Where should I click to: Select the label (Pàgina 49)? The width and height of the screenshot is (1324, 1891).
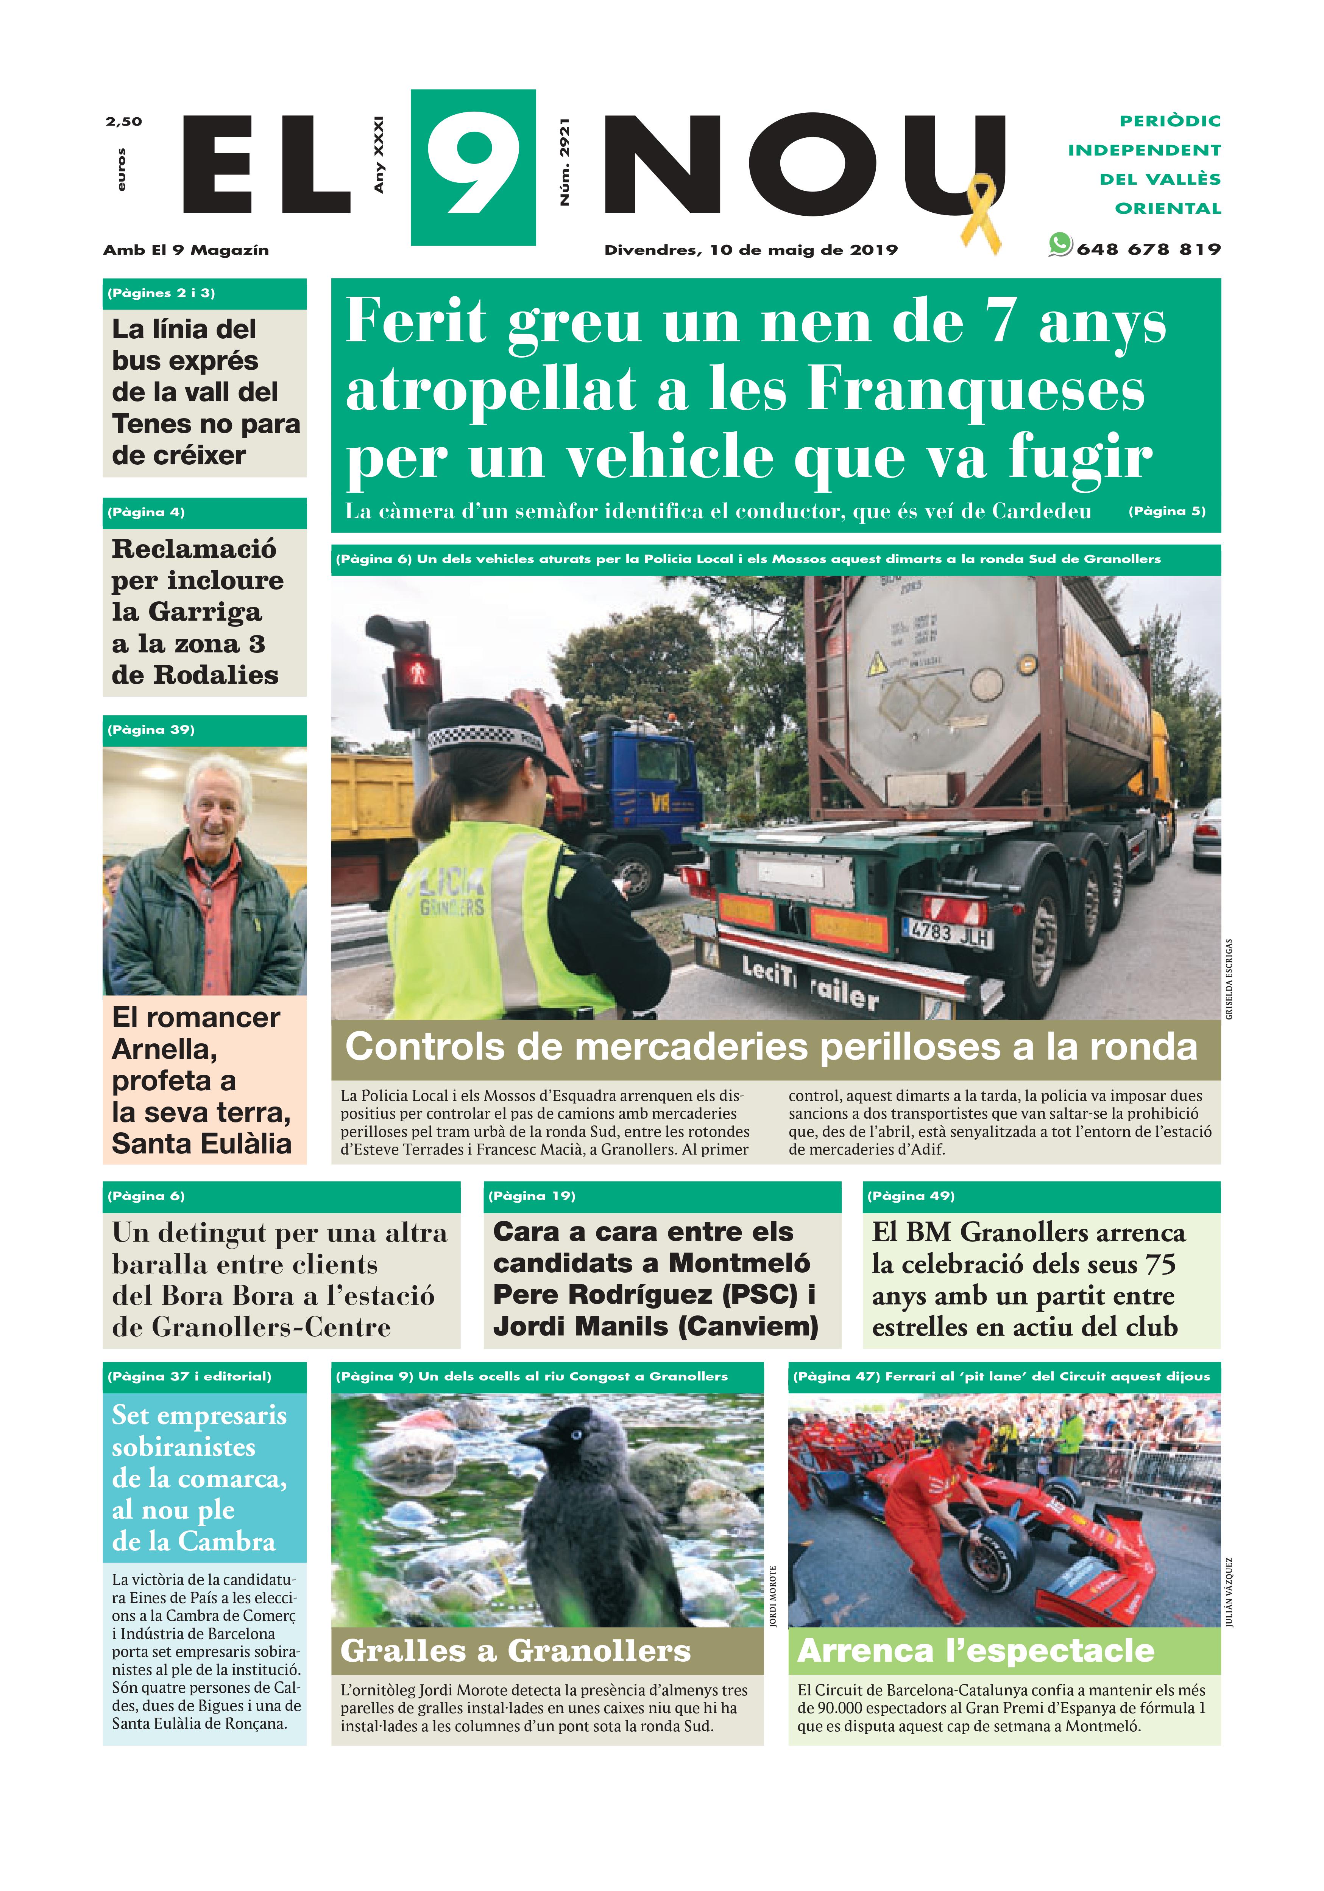coord(911,1196)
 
